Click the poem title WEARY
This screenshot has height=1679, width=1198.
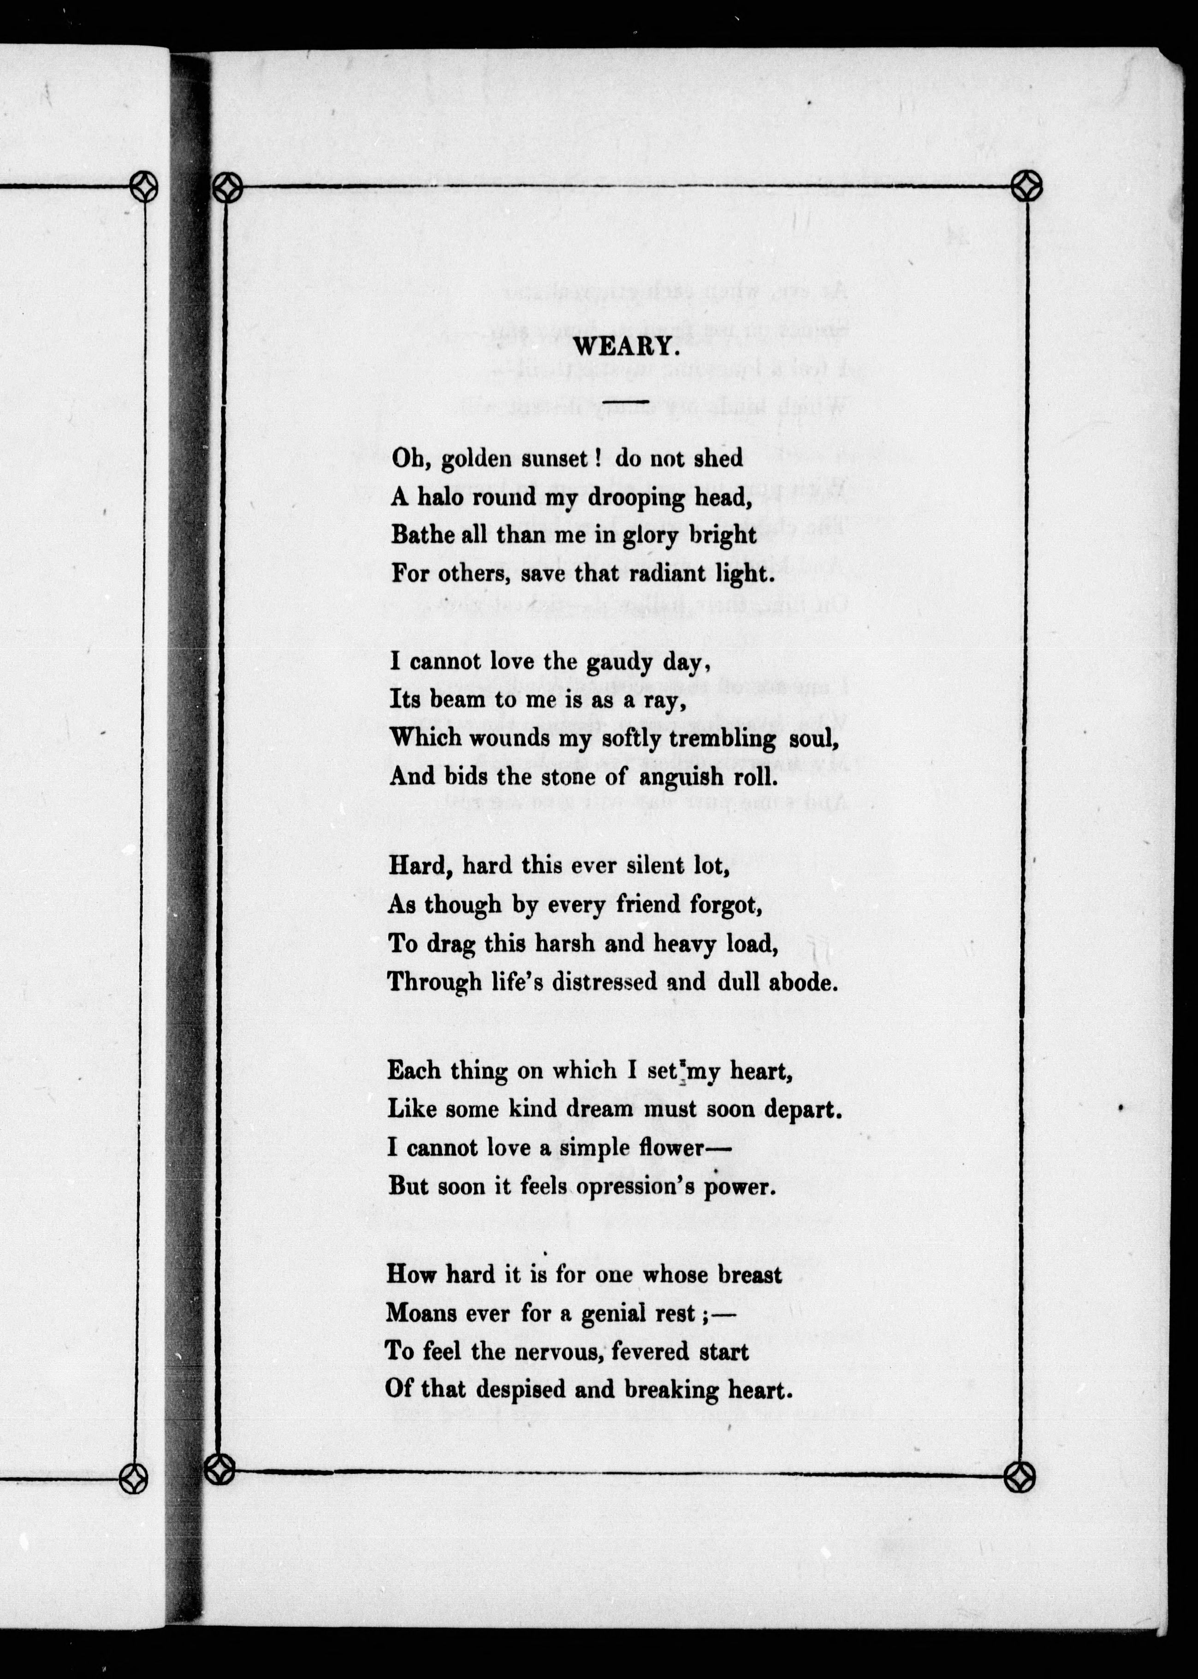pyautogui.click(x=626, y=347)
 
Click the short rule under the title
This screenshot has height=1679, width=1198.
pyautogui.click(x=626, y=401)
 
